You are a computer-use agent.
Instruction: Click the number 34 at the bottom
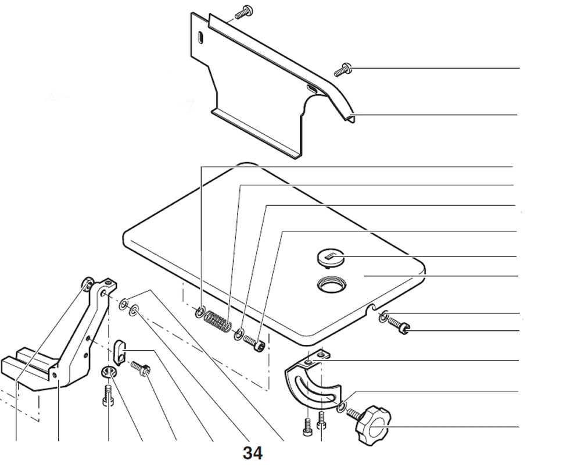pyautogui.click(x=253, y=453)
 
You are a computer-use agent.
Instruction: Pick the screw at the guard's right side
pyautogui.click(x=343, y=69)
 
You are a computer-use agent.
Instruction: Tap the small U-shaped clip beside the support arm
pyautogui.click(x=119, y=349)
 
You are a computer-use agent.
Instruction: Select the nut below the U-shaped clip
pyautogui.click(x=109, y=372)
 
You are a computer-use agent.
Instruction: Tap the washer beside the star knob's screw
pyautogui.click(x=342, y=405)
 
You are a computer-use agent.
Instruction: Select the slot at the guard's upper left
pyautogui.click(x=199, y=37)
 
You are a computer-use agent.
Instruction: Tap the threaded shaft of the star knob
pyautogui.click(x=352, y=413)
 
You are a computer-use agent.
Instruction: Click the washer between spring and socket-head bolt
pyautogui.click(x=238, y=335)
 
